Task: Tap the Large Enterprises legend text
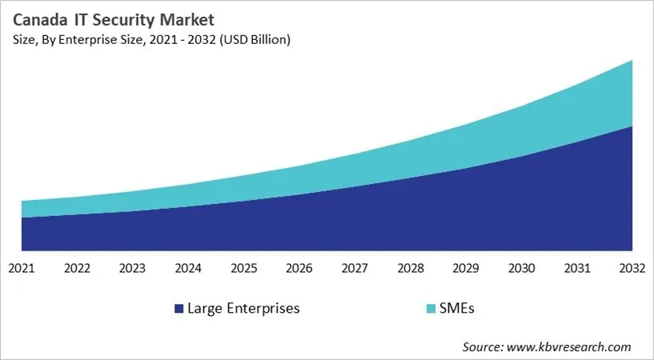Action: point(243,308)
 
